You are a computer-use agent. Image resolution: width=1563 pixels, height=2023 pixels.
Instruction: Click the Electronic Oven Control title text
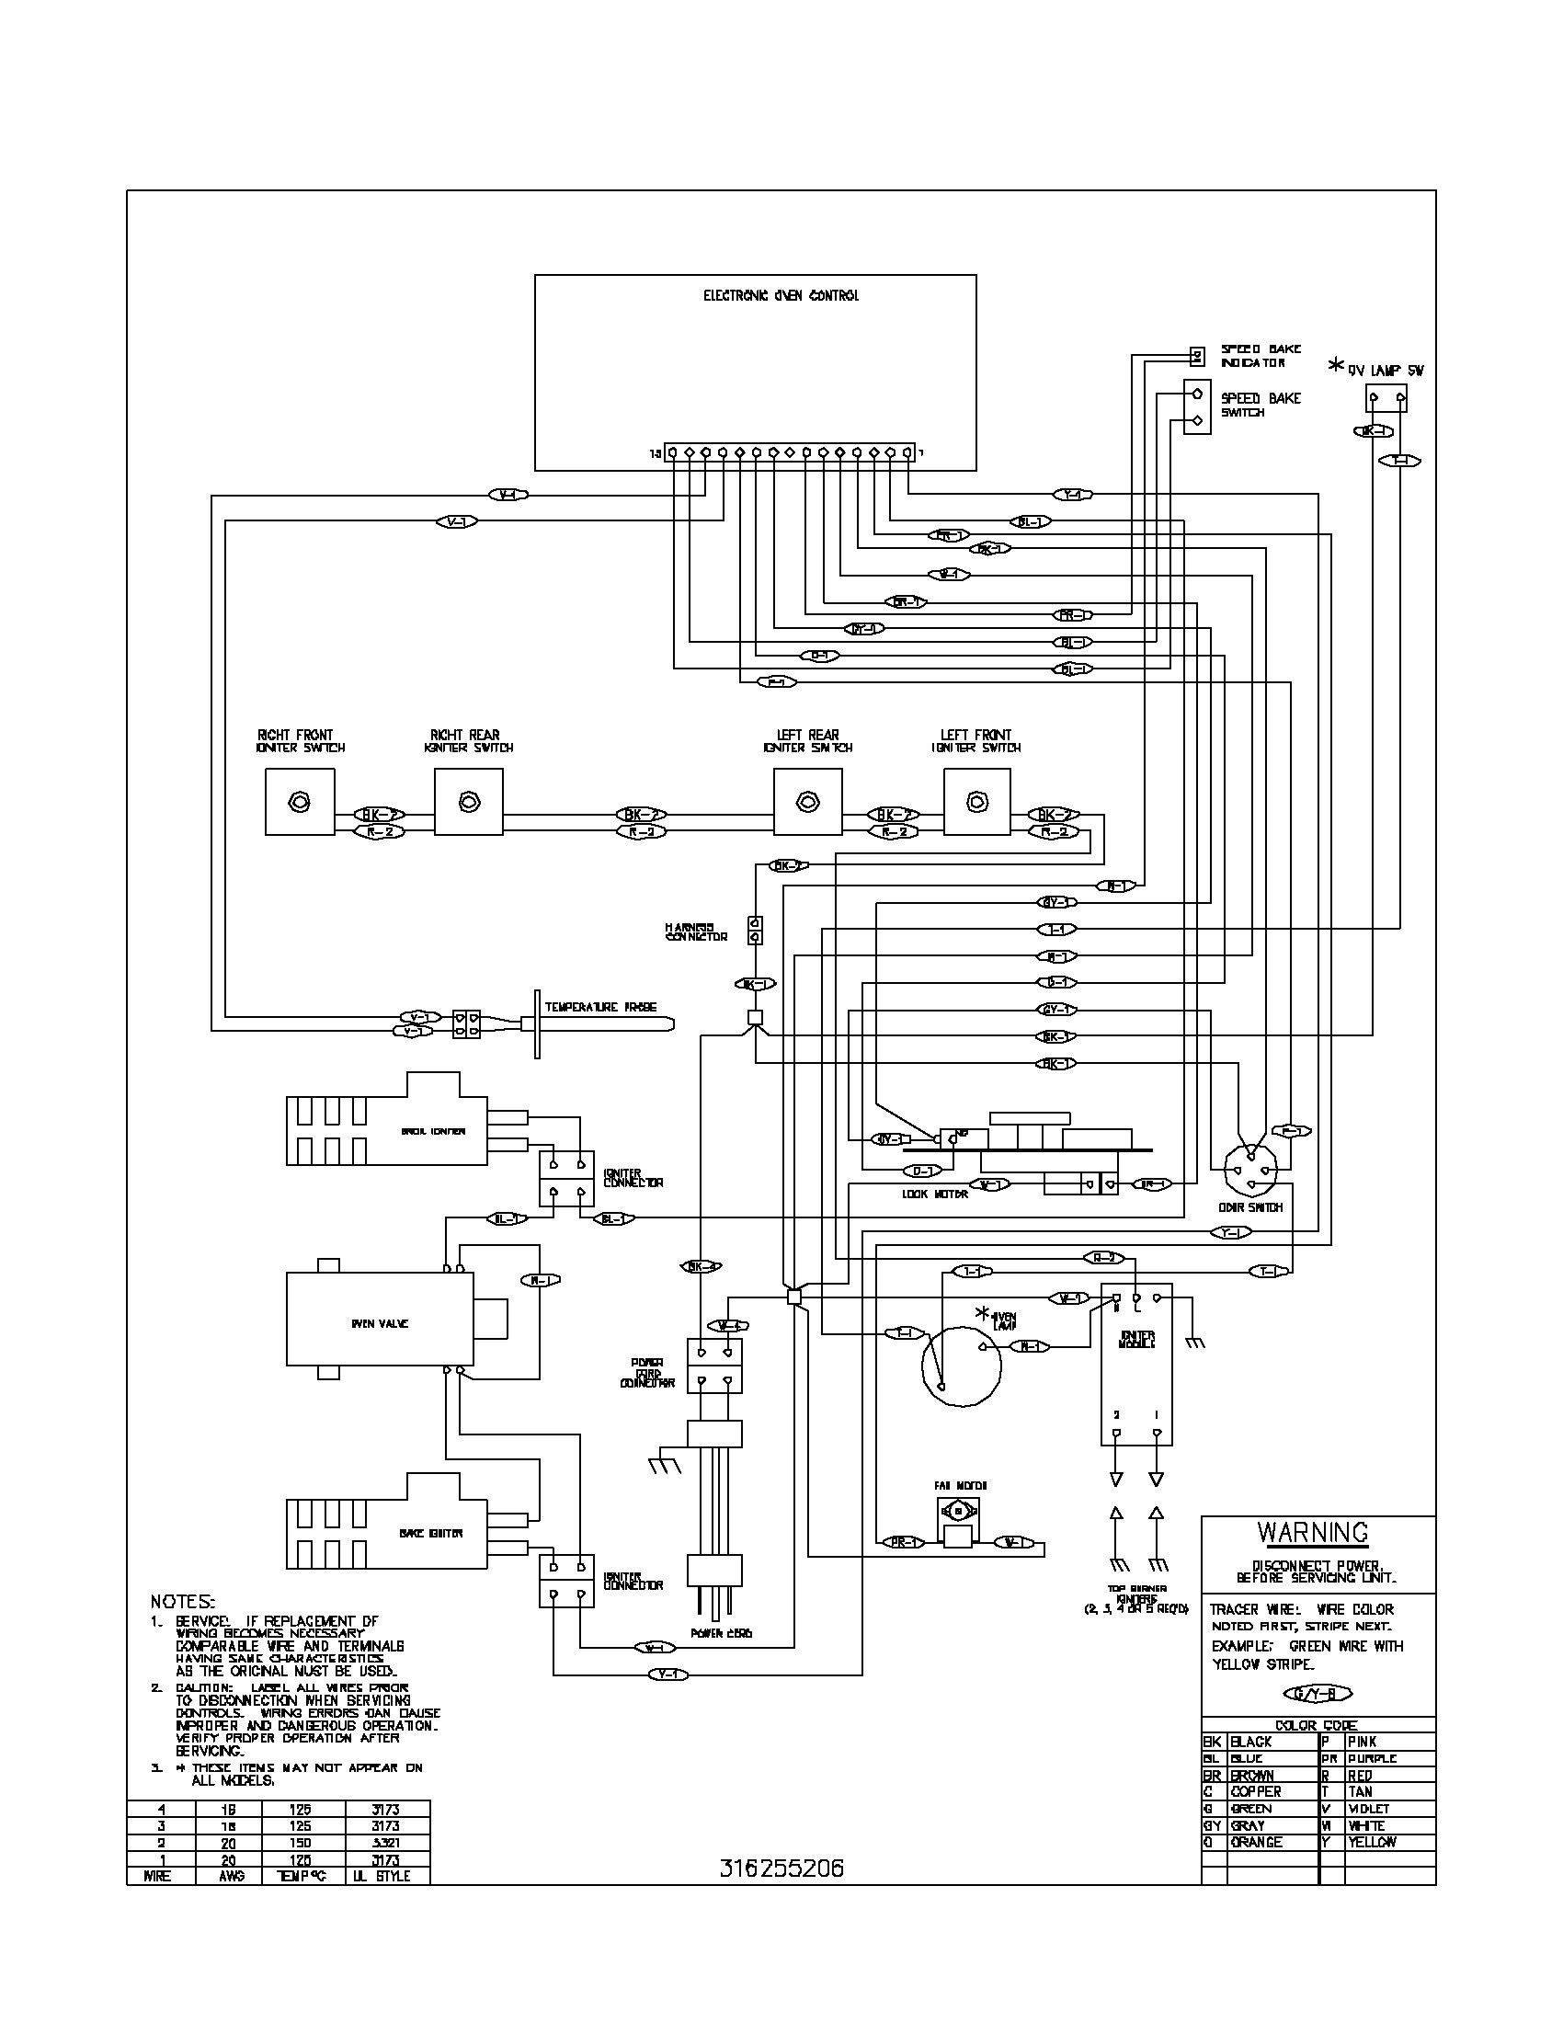point(781,295)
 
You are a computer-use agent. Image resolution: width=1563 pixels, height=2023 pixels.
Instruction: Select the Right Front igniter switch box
point(299,801)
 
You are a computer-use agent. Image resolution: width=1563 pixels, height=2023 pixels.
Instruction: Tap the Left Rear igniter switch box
point(807,801)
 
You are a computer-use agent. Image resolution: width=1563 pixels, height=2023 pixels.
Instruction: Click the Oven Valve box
point(379,1323)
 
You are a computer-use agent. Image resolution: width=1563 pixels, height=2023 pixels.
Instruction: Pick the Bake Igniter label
point(431,1533)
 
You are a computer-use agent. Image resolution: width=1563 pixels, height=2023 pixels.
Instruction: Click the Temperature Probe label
point(601,1007)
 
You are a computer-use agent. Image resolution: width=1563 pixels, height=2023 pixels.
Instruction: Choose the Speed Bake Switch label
point(1261,405)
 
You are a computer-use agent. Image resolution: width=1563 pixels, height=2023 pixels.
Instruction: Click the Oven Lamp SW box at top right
point(1386,399)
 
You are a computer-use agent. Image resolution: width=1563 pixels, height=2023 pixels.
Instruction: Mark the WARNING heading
point(1312,1533)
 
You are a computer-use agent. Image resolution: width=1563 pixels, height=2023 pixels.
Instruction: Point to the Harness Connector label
point(696,931)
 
